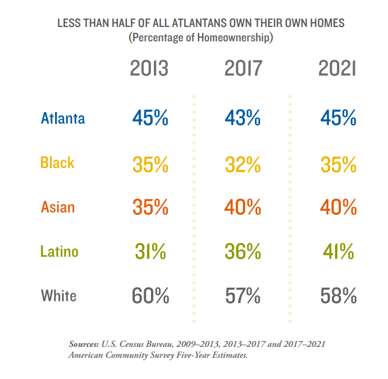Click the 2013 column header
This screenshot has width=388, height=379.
pyautogui.click(x=149, y=68)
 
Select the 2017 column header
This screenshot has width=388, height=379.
pyautogui.click(x=243, y=68)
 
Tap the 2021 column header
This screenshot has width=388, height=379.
pyautogui.click(x=337, y=68)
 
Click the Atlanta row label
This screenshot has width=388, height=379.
pyautogui.click(x=63, y=118)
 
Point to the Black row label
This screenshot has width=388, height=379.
pyautogui.click(x=57, y=163)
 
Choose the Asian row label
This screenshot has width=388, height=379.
pyautogui.click(x=58, y=207)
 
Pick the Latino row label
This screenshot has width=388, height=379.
pyautogui.click(x=59, y=252)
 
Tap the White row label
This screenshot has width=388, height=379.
pyautogui.click(x=59, y=296)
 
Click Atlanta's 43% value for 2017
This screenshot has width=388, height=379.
pyautogui.click(x=242, y=118)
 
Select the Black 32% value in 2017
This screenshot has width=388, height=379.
pyautogui.click(x=243, y=165)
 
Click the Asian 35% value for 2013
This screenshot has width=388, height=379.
pyautogui.click(x=150, y=207)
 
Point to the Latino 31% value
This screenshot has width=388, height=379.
pyautogui.click(x=150, y=252)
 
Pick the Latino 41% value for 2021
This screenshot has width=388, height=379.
pyautogui.click(x=338, y=252)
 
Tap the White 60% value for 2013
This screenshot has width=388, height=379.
pyautogui.click(x=150, y=296)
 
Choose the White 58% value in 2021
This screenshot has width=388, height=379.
pyautogui.click(x=338, y=296)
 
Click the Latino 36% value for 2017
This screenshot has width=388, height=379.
pyautogui.click(x=243, y=252)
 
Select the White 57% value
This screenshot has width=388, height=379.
pyautogui.click(x=243, y=296)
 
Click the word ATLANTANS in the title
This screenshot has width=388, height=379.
pyautogui.click(x=199, y=23)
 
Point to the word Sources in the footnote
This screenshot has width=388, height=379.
pyautogui.click(x=84, y=344)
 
